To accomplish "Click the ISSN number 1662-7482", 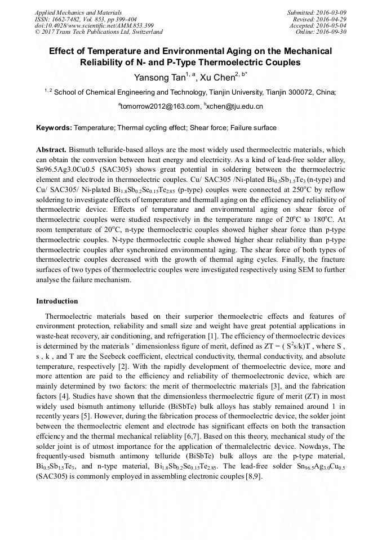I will (69, 19).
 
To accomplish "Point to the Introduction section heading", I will (57, 301).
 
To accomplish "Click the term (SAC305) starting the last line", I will (52, 476).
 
